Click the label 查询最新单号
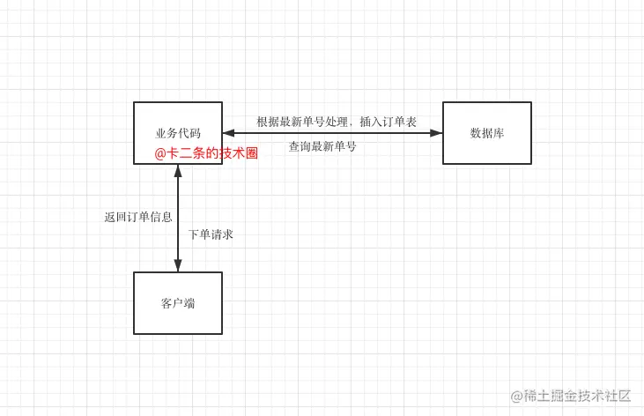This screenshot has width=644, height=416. click(322, 146)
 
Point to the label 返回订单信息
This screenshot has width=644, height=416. click(138, 217)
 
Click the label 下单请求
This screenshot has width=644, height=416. click(211, 234)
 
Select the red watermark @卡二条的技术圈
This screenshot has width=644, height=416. click(206, 153)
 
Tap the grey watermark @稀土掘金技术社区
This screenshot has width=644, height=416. click(571, 396)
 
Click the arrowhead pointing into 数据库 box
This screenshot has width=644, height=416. click(436, 133)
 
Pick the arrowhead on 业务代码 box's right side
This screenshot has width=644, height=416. click(229, 133)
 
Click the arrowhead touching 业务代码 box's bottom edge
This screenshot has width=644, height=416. click(178, 171)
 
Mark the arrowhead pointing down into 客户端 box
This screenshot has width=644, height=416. click(178, 265)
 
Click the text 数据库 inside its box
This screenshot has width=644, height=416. click(487, 133)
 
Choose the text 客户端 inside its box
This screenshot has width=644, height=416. click(178, 303)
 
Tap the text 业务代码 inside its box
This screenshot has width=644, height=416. click(178, 133)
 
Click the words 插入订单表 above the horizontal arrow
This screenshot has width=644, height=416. click(389, 122)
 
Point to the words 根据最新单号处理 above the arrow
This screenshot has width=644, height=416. click(302, 122)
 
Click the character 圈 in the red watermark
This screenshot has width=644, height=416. click(252, 153)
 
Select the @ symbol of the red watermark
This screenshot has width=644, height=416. click(159, 153)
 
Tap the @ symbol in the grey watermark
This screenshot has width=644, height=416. click(516, 397)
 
